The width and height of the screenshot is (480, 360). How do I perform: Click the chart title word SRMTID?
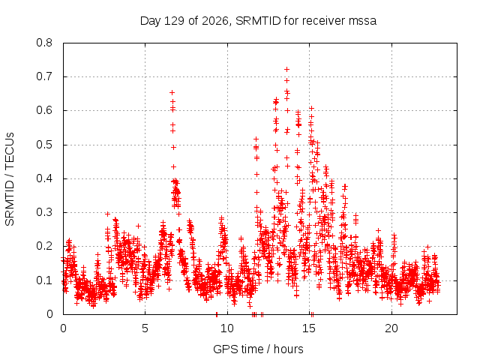[x=258, y=21]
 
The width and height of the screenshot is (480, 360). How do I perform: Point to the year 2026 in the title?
[x=215, y=21]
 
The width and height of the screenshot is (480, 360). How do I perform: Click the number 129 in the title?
[x=174, y=21]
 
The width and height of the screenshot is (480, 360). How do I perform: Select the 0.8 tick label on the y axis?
[x=44, y=43]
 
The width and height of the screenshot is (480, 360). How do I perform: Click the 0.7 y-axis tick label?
[x=44, y=76]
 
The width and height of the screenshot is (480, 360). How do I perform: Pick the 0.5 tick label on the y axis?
[x=44, y=145]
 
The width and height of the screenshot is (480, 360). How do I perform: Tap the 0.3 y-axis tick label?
[x=44, y=212]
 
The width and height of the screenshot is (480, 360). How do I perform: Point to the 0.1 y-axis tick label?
[x=44, y=280]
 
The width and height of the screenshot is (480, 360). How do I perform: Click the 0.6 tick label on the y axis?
[x=44, y=110]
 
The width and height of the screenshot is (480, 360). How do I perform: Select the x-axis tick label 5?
[x=145, y=328]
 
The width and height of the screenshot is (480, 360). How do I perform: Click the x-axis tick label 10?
[x=226, y=328]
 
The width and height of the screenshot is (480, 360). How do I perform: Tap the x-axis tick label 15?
[x=309, y=328]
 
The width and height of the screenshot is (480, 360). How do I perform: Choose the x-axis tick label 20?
[x=391, y=328]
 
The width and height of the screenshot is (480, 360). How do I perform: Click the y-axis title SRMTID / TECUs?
[x=10, y=179]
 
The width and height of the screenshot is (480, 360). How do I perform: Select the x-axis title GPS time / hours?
[x=258, y=349]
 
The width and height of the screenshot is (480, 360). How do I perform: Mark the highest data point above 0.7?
[x=286, y=70]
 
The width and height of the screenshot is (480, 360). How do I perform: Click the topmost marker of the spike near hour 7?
[x=172, y=92]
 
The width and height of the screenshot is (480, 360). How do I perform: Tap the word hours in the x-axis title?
[x=288, y=349]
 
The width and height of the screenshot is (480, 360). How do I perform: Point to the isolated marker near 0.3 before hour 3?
[x=107, y=214]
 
